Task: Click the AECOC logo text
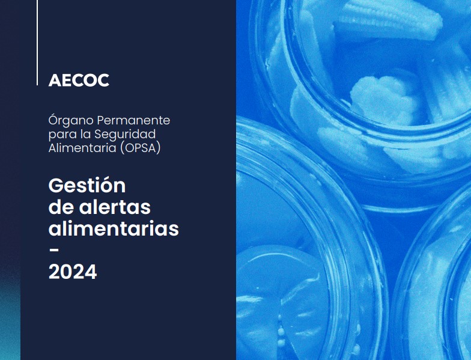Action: pyautogui.click(x=79, y=81)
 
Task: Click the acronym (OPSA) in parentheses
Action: pyautogui.click(x=140, y=147)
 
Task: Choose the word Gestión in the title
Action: pyautogui.click(x=87, y=185)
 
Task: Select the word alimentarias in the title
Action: pyautogui.click(x=114, y=229)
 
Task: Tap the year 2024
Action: pyautogui.click(x=73, y=272)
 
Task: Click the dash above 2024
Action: pyautogui.click(x=54, y=250)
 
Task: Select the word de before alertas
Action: pyautogui.click(x=59, y=207)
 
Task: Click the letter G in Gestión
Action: pyautogui.click(x=55, y=185)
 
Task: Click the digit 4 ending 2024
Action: pyautogui.click(x=91, y=272)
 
